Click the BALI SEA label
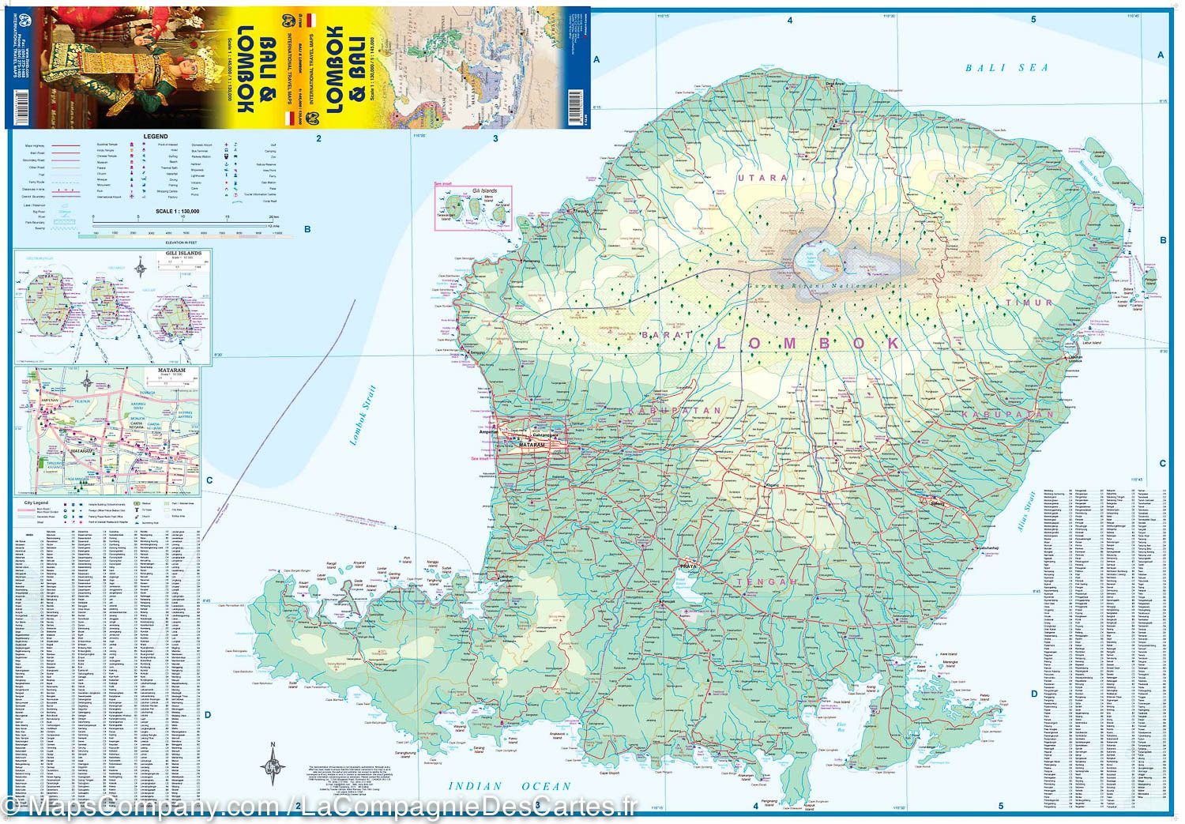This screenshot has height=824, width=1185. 1006,68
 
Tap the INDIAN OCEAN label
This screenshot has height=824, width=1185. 509,786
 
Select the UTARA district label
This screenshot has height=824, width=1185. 762,179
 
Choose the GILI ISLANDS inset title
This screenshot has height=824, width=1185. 179,254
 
